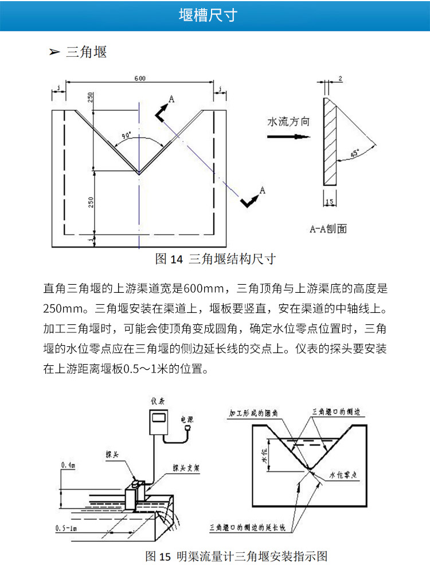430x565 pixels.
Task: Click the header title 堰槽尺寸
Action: coord(215,16)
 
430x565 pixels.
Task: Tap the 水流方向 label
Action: coord(288,122)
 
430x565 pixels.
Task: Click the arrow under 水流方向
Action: coord(288,137)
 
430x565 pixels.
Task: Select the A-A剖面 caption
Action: coord(329,229)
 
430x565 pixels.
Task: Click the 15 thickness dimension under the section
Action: coord(329,202)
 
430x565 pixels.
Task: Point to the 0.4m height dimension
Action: coord(68,466)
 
